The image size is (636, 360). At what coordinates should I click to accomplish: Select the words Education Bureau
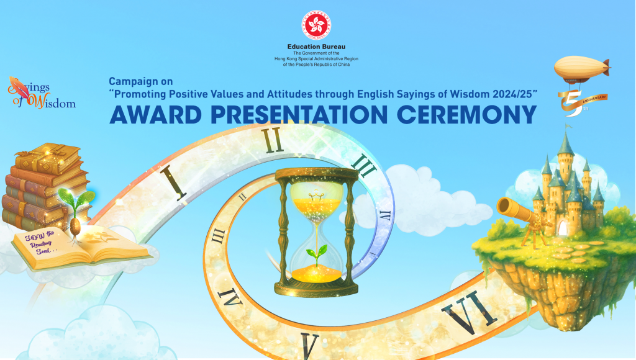tap(317, 47)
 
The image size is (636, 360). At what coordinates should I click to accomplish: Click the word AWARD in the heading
tap(159, 115)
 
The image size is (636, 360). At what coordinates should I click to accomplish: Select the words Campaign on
tap(140, 81)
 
